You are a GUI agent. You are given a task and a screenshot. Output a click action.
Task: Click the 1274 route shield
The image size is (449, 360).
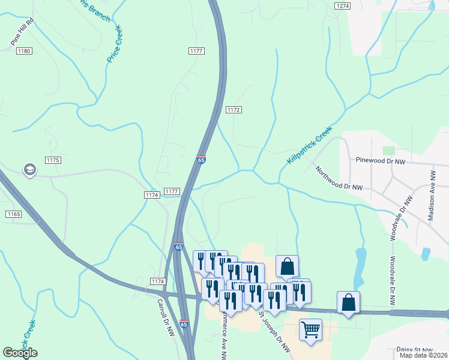(x=343, y=5)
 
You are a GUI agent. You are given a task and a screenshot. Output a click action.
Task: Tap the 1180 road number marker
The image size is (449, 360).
(x=24, y=51)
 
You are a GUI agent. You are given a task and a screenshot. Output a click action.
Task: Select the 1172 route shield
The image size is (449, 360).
(x=234, y=110)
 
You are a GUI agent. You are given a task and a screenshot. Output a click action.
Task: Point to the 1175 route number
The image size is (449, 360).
(x=53, y=160)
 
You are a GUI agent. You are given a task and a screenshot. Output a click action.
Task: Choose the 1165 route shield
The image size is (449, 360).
(x=14, y=214)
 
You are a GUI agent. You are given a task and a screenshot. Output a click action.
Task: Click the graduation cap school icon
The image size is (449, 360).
(x=29, y=170)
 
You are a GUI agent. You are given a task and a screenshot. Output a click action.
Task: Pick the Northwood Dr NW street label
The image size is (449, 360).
(x=340, y=179)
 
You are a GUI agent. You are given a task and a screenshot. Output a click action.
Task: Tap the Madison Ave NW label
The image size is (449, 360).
(x=431, y=196)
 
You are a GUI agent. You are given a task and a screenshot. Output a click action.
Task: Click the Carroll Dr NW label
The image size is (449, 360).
(x=165, y=317)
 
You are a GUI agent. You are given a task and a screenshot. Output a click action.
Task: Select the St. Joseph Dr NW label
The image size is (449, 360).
(x=274, y=332)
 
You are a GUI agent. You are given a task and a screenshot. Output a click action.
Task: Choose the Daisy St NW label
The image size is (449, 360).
(x=414, y=349)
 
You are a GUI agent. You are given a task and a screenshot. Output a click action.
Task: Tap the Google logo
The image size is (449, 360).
(x=20, y=353)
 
